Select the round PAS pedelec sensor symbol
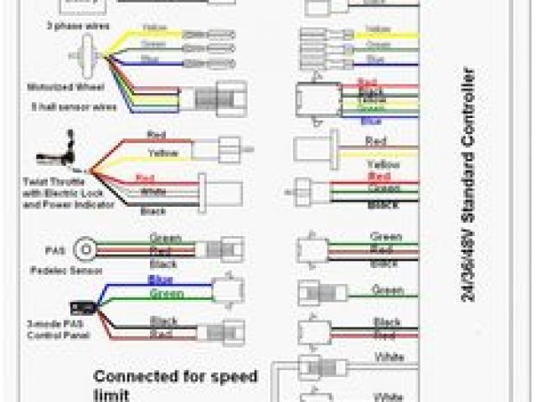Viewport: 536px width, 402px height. (x=85, y=250)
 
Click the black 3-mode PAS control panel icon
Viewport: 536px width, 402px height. (x=85, y=296)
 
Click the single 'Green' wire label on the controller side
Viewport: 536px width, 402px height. (x=386, y=290)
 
